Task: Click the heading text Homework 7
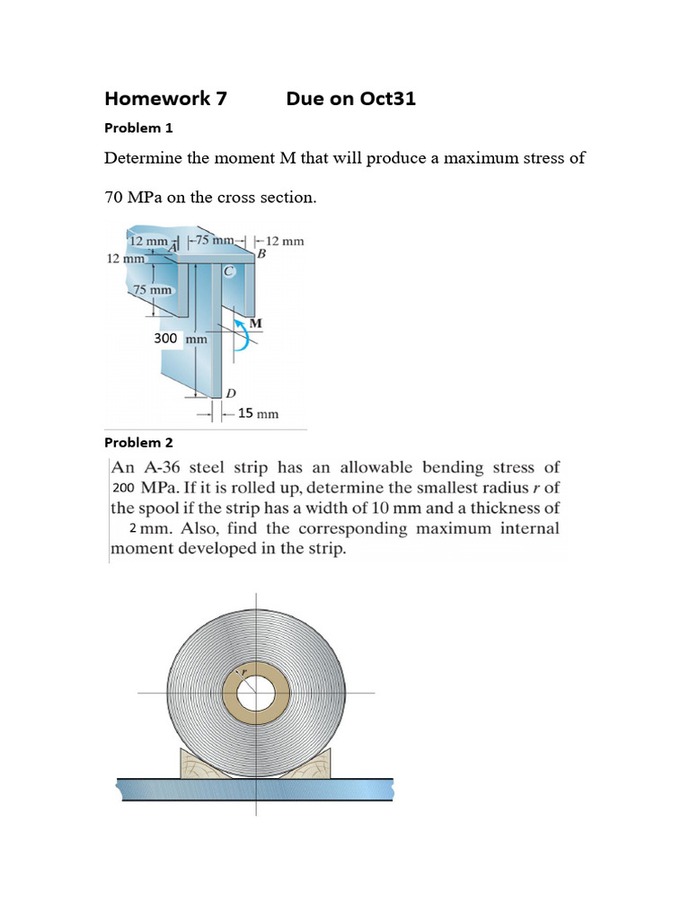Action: pos(165,99)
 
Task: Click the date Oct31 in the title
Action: pos(387,99)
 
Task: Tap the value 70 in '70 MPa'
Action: pos(114,197)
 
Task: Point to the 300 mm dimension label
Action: pos(181,339)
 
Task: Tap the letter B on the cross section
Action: pos(261,254)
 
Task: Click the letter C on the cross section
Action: pos(229,270)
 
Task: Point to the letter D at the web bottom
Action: pos(231,394)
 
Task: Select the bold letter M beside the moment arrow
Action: pos(255,323)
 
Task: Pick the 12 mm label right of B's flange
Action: pos(284,241)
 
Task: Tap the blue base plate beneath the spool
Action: pos(256,790)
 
